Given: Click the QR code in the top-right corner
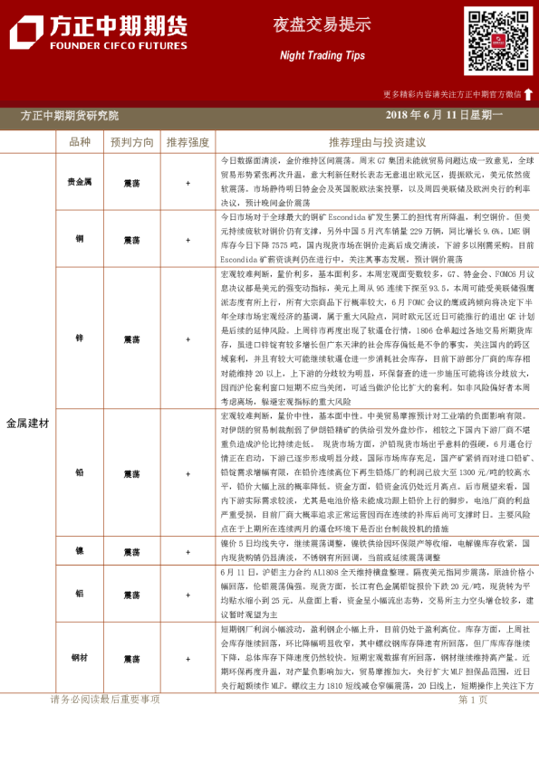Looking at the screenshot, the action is (497, 41).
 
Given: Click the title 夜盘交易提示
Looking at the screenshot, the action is (309, 25).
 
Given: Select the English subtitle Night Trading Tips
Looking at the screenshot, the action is (309, 55).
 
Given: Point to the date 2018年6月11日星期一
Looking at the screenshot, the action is (444, 115).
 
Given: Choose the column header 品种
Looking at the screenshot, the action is (81, 142).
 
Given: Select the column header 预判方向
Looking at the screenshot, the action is (132, 142).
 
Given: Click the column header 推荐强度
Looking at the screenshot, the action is (188, 142).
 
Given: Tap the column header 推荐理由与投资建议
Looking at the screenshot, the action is (377, 142).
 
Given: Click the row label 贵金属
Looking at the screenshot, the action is (80, 182).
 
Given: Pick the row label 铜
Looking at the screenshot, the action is (80, 239).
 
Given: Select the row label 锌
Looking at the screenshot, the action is (80, 338).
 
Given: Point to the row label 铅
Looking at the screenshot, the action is (80, 473).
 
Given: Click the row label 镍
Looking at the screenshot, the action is (80, 551).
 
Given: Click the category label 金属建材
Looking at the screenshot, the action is (28, 423).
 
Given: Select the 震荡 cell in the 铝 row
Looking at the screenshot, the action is (132, 594).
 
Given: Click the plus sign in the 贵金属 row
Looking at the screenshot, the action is (188, 182).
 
